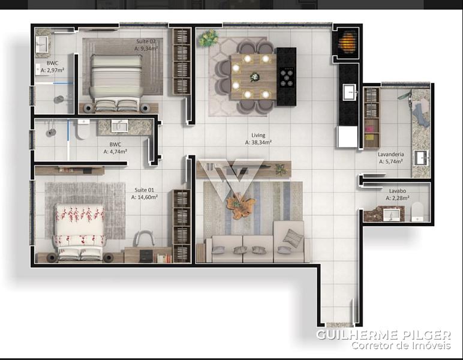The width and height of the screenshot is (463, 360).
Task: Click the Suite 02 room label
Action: (x=146, y=41)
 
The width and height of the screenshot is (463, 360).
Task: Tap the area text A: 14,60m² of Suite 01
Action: (x=145, y=197)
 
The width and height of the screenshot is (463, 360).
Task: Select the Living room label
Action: (x=258, y=135)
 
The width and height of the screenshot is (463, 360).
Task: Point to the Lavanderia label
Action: (x=391, y=154)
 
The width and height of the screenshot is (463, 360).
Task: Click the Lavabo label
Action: (x=398, y=191)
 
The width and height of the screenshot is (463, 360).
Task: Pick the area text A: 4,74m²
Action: (x=115, y=152)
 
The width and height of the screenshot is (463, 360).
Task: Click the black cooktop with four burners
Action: (x=287, y=77)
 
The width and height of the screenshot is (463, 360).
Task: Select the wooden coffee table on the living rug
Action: (x=239, y=205)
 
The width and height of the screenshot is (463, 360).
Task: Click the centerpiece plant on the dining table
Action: (x=254, y=77)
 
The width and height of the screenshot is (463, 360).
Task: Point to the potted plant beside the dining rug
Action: (x=208, y=38)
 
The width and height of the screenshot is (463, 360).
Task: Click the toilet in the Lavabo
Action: (x=417, y=212)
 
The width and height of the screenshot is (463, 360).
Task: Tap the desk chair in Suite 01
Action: (x=145, y=238)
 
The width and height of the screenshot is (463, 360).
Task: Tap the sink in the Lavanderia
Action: (x=422, y=158)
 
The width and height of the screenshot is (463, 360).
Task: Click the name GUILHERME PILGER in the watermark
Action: (x=383, y=335)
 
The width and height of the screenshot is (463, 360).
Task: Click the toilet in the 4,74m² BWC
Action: (x=83, y=130)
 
